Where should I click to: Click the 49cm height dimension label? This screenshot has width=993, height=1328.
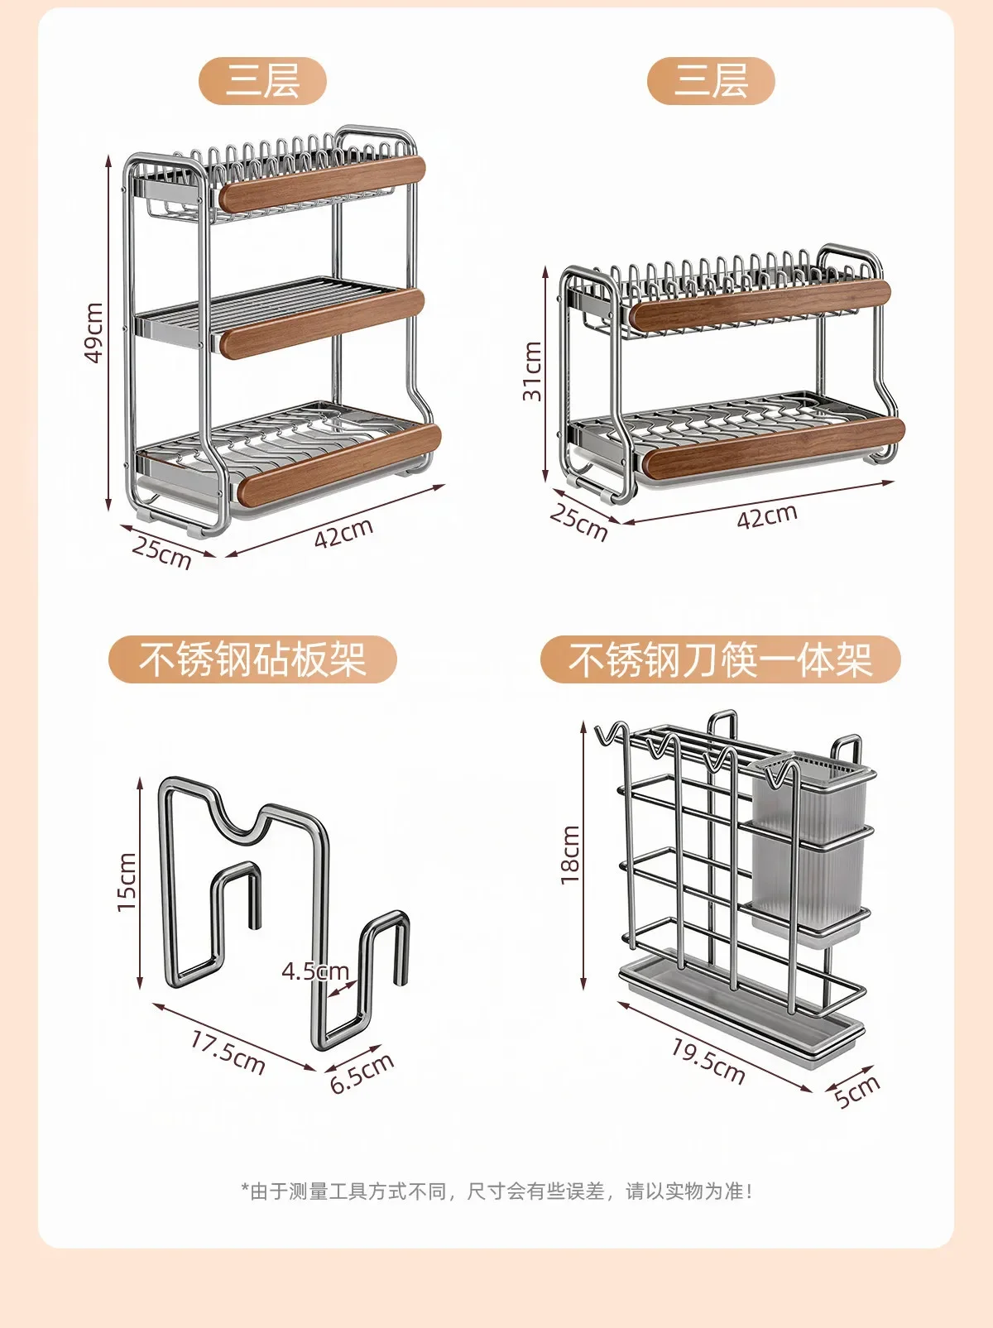pos(94,333)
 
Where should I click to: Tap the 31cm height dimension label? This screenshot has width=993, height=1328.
pos(533,371)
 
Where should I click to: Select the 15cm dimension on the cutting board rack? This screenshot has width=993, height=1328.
pos(127,881)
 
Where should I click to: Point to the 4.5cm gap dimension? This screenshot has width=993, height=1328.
pos(315,971)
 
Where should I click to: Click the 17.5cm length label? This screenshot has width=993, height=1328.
pos(228,1052)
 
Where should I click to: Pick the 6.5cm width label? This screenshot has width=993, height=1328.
pos(362,1072)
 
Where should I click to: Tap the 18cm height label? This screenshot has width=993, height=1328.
pos(570,854)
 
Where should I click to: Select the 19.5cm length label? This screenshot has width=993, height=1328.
pos(708,1062)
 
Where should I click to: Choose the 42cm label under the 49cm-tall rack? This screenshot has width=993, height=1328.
pos(343,533)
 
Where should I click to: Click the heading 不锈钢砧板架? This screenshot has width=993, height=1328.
pos(252,659)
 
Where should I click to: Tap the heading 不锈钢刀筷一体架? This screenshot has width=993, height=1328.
pos(720,659)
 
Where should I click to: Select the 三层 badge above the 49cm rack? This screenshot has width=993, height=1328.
pos(262,81)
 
